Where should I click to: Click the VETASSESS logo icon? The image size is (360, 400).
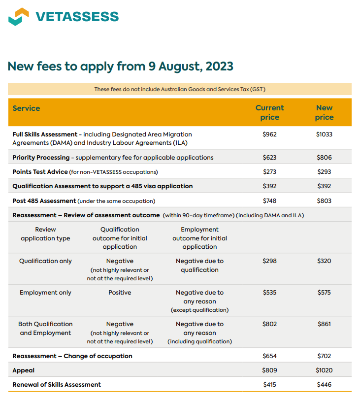19,16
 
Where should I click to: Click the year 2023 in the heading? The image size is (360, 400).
219,66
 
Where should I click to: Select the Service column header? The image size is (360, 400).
26,108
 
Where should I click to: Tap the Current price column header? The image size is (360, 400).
269,112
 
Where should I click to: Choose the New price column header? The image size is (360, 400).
324,112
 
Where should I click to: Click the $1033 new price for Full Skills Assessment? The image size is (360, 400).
324,134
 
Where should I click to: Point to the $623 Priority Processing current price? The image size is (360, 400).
269,158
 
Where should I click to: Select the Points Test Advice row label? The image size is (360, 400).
39,172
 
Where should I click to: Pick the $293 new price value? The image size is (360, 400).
324,172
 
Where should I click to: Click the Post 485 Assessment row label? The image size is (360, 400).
44,201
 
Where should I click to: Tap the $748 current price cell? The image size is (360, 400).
269,201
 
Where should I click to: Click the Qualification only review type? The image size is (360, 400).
45,261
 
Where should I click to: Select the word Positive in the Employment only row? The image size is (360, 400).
120,293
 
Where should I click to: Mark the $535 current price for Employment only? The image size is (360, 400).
269,293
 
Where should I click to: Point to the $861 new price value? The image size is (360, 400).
324,324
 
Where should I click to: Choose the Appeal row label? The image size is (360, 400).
24,370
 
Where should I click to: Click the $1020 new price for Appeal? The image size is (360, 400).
324,370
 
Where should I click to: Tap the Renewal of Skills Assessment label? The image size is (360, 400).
57,385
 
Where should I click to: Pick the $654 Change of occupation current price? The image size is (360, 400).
269,356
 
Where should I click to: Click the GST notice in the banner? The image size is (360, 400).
180,89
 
